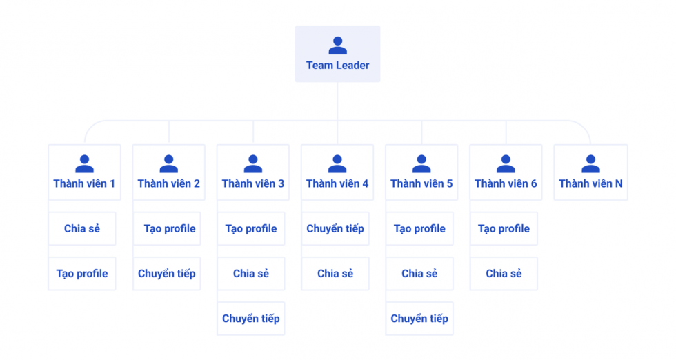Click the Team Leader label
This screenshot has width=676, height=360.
(337, 66)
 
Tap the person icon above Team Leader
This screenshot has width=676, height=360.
(337, 46)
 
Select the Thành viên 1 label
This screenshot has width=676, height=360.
(84, 183)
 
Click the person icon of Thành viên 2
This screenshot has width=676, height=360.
(168, 164)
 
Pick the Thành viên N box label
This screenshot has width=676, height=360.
(590, 183)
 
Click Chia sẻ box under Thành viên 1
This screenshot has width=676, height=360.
(82, 229)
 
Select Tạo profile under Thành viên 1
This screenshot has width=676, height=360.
(82, 274)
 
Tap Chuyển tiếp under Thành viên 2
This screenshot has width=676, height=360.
(166, 274)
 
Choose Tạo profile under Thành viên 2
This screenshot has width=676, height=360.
(170, 229)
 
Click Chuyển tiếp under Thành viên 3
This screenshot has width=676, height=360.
(251, 319)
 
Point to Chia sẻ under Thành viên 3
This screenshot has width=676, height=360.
(251, 274)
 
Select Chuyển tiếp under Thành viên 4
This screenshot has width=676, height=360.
(335, 229)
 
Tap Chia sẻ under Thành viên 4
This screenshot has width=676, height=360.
(335, 274)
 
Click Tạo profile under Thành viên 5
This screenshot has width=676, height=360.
(419, 229)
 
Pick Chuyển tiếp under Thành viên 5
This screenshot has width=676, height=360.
(419, 319)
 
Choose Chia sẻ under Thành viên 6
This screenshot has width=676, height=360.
(504, 274)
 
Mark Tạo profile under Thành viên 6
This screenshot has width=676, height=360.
(504, 229)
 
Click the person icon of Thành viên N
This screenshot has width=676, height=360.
(590, 164)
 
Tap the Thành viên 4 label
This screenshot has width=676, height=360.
(337, 183)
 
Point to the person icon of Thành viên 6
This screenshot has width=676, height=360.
(506, 164)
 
